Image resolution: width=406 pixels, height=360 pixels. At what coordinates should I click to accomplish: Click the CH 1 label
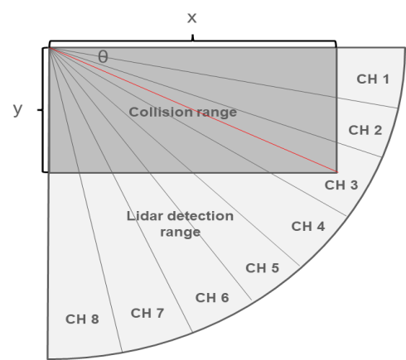point(373,79)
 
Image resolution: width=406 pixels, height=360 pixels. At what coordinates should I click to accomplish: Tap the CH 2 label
point(365,130)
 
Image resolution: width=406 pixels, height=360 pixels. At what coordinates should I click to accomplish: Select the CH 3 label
point(341,185)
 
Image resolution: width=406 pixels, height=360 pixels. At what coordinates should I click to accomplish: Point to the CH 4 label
point(308,226)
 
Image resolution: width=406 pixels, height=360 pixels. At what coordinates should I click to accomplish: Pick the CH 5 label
point(262,268)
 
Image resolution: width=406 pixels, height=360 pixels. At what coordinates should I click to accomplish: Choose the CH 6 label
point(212,298)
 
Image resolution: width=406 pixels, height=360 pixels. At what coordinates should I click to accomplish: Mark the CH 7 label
point(147,314)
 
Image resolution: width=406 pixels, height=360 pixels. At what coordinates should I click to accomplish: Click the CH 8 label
point(82,319)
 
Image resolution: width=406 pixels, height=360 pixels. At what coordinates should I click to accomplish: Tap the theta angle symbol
point(103,57)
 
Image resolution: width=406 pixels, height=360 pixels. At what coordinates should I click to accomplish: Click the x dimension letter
point(192,18)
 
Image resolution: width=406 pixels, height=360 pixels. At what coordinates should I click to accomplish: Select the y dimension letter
point(17,109)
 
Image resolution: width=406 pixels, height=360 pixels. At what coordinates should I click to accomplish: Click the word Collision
point(161,112)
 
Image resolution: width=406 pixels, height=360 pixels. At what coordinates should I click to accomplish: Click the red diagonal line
point(193,110)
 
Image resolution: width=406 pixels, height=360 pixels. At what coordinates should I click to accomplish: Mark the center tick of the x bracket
point(193,38)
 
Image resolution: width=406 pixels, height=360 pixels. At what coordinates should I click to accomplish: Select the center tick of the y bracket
point(40,110)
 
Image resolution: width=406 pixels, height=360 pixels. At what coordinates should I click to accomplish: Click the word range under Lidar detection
point(181,233)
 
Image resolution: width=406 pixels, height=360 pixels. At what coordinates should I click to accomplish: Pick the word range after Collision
point(217,113)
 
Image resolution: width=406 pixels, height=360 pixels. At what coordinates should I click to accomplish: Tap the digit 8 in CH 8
point(94,319)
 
